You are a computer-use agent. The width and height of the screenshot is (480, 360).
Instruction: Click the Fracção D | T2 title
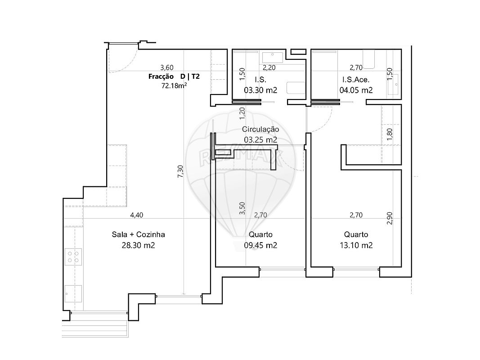click(174, 76)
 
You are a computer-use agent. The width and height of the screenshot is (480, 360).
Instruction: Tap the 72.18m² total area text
click(174, 85)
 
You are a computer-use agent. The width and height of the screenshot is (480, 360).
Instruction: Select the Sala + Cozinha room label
click(139, 234)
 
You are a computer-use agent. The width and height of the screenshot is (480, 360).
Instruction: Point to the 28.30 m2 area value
click(139, 245)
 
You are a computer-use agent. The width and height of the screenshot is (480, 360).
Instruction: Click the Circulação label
click(260, 130)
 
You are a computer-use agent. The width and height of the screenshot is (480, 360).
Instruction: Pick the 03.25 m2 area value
click(260, 140)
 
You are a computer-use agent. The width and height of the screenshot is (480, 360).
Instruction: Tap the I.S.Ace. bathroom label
click(356, 80)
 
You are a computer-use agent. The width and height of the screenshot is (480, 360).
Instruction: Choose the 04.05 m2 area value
click(356, 90)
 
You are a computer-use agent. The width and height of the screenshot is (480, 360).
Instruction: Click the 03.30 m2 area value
click(260, 90)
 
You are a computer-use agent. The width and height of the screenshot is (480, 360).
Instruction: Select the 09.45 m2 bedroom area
click(260, 245)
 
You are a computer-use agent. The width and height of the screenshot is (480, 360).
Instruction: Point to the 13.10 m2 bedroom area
click(356, 245)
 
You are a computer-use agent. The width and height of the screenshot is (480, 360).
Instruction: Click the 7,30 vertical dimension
click(180, 171)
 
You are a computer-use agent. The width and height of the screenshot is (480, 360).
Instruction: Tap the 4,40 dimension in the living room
click(136, 215)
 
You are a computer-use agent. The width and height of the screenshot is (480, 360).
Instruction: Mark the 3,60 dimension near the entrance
click(167, 67)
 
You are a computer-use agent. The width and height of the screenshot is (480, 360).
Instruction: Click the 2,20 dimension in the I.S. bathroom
click(269, 67)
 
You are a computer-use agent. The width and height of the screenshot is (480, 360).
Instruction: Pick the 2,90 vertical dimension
click(390, 218)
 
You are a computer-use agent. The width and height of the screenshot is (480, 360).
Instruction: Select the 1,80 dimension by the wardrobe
click(390, 135)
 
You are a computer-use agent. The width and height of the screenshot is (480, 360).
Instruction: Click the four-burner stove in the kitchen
click(73, 257)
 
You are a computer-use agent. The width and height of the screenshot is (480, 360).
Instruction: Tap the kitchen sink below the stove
click(73, 294)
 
